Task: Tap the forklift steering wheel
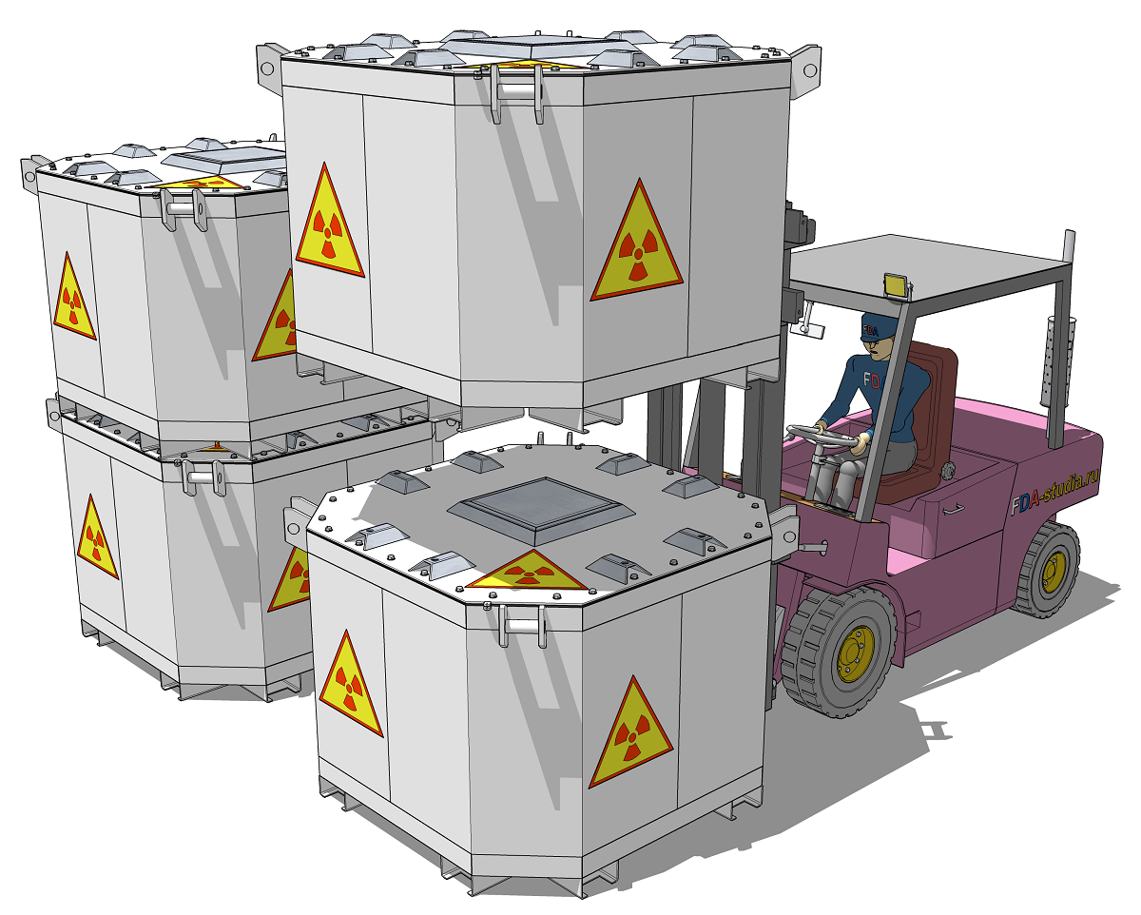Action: point(820,438)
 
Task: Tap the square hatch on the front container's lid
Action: point(541,510)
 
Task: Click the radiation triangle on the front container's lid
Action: point(528,572)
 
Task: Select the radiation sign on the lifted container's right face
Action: point(637,244)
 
